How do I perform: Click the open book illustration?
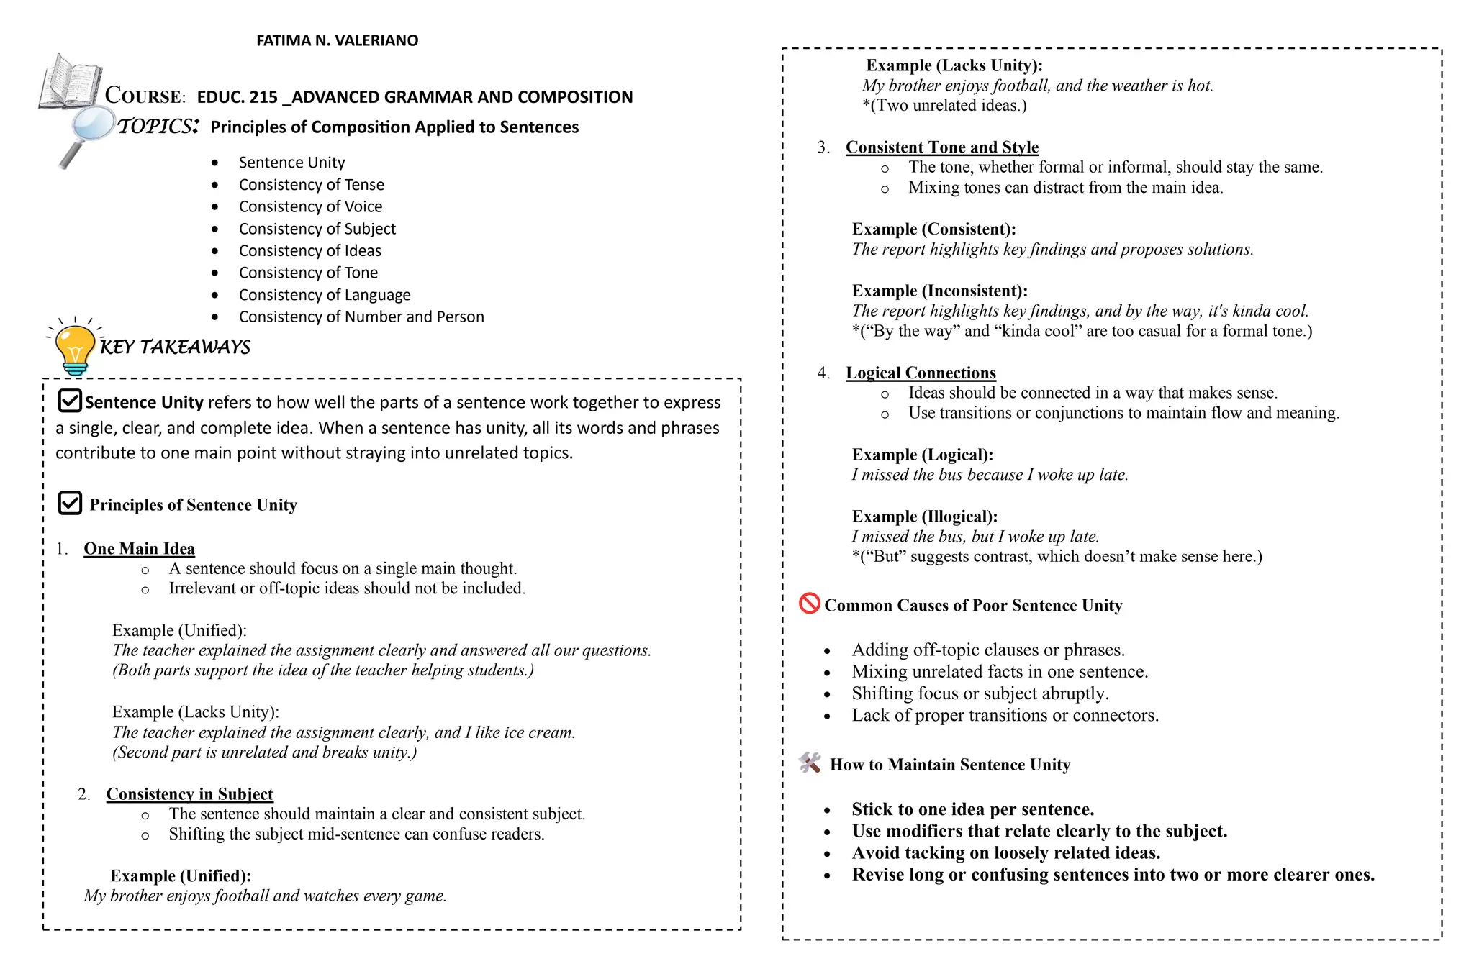click(x=71, y=82)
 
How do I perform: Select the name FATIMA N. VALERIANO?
click(x=337, y=41)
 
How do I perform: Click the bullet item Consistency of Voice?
click(x=310, y=207)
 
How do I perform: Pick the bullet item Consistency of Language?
click(x=325, y=295)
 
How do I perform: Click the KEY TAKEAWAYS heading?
click(x=175, y=347)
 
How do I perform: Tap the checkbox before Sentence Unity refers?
click(x=70, y=401)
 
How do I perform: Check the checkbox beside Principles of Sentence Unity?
click(x=70, y=504)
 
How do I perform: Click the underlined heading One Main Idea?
click(x=139, y=549)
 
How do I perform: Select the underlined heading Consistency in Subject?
click(x=189, y=794)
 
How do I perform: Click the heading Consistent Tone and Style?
click(x=941, y=147)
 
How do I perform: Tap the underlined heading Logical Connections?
click(x=921, y=373)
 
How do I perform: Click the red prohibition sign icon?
click(x=810, y=604)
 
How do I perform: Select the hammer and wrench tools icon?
click(x=810, y=763)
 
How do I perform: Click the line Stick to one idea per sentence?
click(x=972, y=810)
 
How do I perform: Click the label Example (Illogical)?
click(x=924, y=517)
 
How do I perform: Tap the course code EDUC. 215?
click(x=237, y=97)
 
